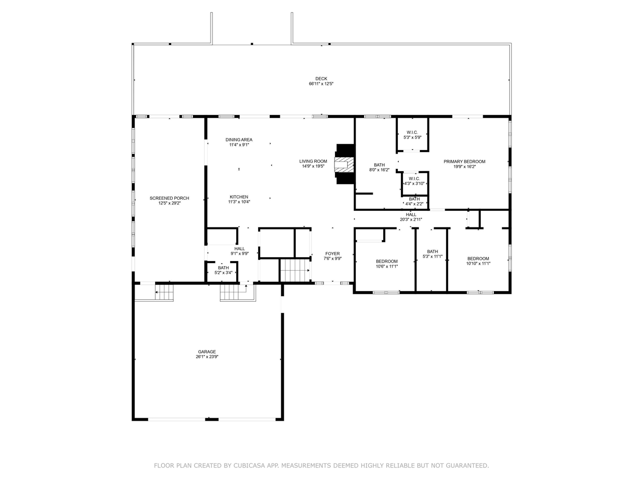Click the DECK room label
coord(321,78)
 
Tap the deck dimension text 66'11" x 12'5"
coord(321,84)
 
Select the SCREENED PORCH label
coord(169,198)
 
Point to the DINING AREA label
coord(239,140)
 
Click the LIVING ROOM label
coord(313,161)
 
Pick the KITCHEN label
coord(239,197)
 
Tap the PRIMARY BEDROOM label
coord(464,162)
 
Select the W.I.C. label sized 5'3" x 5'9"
coord(412,132)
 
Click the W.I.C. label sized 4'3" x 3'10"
coord(414,179)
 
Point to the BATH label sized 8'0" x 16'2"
coord(379,165)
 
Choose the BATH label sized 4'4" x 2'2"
coord(414,199)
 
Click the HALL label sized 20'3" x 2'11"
coord(411,214)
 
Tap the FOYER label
coord(332,254)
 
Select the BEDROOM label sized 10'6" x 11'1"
coord(387,262)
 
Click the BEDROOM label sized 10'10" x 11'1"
coord(478,259)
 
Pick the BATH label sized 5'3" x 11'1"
coord(433,252)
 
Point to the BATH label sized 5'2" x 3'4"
coord(223,268)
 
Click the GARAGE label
coord(207,352)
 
